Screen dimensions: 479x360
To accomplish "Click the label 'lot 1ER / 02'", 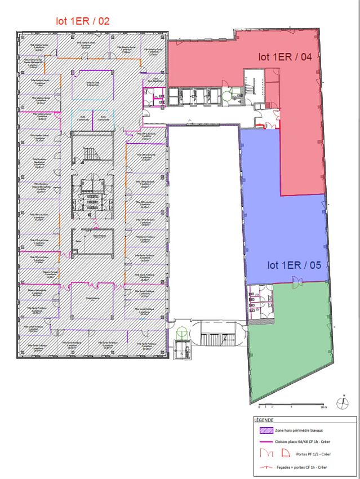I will [x=82, y=21].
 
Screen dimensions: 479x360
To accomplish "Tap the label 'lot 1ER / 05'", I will [x=291, y=264].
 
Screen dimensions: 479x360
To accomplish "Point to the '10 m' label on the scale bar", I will [x=323, y=406].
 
